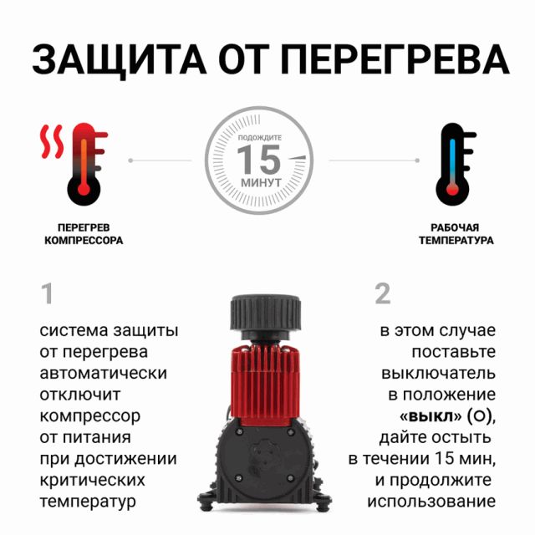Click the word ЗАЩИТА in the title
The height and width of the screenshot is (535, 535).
[120, 60]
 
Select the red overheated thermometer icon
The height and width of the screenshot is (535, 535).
[87, 164]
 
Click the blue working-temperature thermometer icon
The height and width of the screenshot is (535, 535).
[455, 164]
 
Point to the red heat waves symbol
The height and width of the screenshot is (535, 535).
[52, 141]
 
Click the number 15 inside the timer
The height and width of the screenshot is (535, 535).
[259, 159]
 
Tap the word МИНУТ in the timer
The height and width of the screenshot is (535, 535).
[261, 182]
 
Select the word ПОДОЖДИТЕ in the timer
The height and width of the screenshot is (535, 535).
[260, 137]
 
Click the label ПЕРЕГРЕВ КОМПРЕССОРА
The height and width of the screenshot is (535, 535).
[84, 234]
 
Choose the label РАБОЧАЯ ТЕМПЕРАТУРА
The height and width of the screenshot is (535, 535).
[456, 234]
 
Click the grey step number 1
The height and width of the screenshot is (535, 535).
[47, 293]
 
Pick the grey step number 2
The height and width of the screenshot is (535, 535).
[383, 293]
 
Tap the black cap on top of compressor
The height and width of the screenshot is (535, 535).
[266, 313]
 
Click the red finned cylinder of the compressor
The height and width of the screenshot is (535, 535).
[265, 383]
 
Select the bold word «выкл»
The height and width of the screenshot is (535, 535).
[431, 416]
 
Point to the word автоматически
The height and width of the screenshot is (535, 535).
[103, 374]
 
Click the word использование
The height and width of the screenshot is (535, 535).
[431, 502]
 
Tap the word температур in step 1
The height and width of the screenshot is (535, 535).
[88, 502]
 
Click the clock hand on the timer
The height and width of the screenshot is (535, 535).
[298, 158]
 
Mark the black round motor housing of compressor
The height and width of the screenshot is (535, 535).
[265, 459]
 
